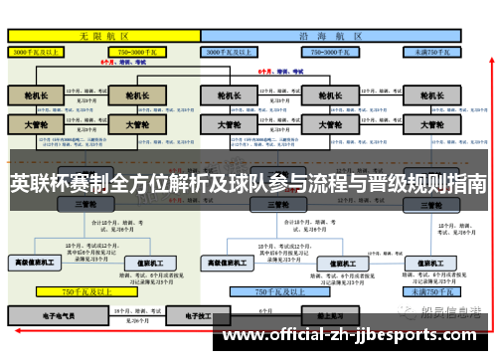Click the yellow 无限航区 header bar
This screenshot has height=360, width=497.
[99, 34]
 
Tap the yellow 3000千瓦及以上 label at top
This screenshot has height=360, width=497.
[41, 50]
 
